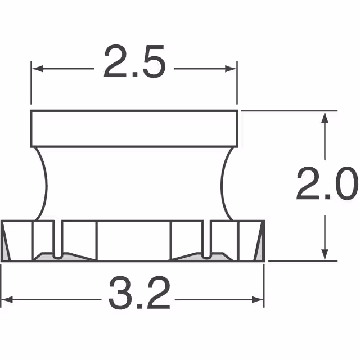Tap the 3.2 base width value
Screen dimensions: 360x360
pos(139,294)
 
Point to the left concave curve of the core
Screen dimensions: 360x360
pos(42,183)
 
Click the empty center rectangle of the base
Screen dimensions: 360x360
pos(133,241)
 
